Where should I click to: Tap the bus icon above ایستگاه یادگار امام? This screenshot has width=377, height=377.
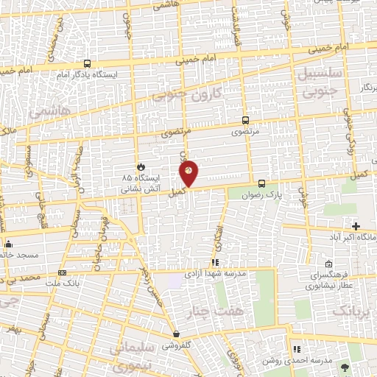88,63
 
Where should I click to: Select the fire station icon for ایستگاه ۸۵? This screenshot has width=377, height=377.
141,166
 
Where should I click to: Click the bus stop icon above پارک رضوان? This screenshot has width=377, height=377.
261,183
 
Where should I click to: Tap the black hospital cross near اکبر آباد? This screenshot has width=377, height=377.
356,225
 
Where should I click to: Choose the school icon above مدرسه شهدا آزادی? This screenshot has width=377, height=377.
215,262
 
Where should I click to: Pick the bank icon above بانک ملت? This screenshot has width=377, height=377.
62,272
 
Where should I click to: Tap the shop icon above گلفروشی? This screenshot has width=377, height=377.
176,334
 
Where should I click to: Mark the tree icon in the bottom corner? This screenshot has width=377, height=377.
343,366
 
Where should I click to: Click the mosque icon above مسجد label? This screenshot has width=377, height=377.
8,244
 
